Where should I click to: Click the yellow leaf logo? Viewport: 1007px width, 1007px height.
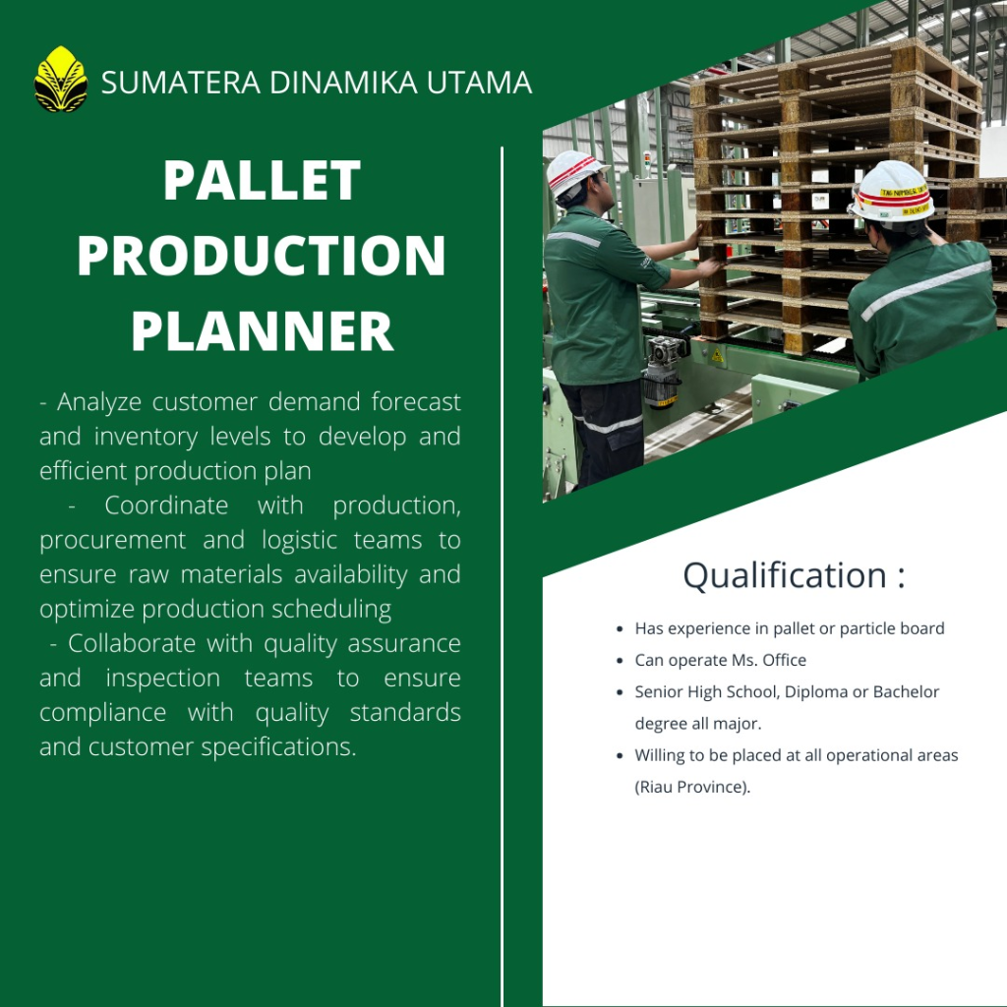tap(60, 79)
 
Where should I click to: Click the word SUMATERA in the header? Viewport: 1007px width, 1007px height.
tap(181, 83)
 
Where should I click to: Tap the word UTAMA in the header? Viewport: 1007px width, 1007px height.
tap(479, 83)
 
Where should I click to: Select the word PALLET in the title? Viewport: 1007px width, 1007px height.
tap(262, 180)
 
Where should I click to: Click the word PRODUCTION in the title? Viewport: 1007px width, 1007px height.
tap(261, 255)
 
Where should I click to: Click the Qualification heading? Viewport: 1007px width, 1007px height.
tap(794, 574)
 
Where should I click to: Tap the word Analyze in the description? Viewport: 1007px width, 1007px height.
tap(99, 402)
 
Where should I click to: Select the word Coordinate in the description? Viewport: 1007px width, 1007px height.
tap(166, 505)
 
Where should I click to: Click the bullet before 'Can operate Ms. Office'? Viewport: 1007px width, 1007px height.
tap(620, 661)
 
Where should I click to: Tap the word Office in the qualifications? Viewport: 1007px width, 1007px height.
tap(784, 660)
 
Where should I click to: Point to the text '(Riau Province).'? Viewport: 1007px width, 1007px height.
tap(692, 788)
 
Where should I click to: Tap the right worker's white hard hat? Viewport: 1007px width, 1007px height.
tap(892, 192)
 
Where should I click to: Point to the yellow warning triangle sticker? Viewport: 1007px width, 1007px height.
tap(717, 355)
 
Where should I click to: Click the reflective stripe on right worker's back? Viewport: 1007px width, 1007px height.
tap(925, 289)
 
